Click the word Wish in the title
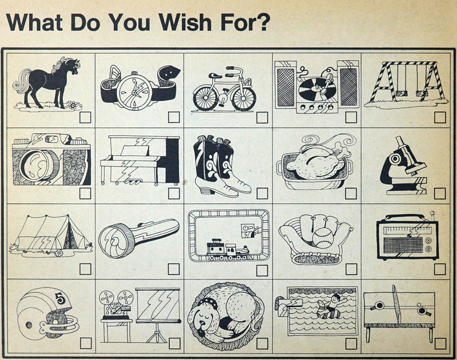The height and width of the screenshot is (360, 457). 185,22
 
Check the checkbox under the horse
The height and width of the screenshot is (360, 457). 85,118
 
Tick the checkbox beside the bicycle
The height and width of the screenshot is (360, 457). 262,118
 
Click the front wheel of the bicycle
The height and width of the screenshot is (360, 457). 244,98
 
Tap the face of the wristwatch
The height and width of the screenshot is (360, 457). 134,92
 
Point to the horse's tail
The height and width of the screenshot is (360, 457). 21,82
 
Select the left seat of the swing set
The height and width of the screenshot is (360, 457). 401,93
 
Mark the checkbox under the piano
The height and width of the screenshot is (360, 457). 174,193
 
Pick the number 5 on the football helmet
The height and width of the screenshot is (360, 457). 59,298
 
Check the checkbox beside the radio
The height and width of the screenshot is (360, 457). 440,269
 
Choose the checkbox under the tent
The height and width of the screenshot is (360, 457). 85,269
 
